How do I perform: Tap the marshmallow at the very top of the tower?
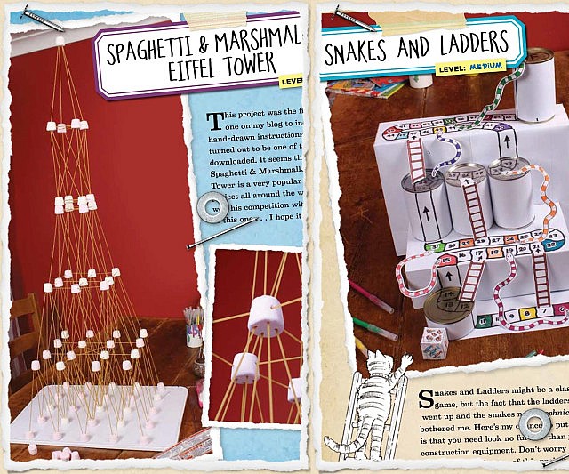[61, 39]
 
